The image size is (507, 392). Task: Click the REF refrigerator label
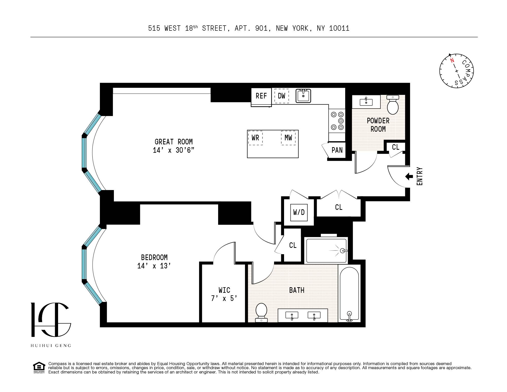(261, 96)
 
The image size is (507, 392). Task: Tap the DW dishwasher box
(282, 96)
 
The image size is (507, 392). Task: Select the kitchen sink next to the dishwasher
(303, 96)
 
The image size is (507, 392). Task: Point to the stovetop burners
(337, 121)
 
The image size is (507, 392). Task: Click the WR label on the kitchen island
(255, 138)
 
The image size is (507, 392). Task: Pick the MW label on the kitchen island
(288, 138)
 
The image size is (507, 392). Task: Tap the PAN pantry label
(337, 150)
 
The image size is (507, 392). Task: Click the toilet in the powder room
(393, 105)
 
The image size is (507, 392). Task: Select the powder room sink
(366, 102)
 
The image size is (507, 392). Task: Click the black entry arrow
(409, 176)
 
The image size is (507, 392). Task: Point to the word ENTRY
(419, 176)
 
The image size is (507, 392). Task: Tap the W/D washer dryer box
(299, 212)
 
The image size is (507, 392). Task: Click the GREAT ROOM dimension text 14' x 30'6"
(173, 150)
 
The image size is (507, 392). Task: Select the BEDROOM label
(154, 258)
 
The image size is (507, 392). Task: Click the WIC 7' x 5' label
(224, 294)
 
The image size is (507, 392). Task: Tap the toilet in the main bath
(261, 312)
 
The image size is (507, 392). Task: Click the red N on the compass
(452, 60)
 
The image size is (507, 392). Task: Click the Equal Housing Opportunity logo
(39, 367)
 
